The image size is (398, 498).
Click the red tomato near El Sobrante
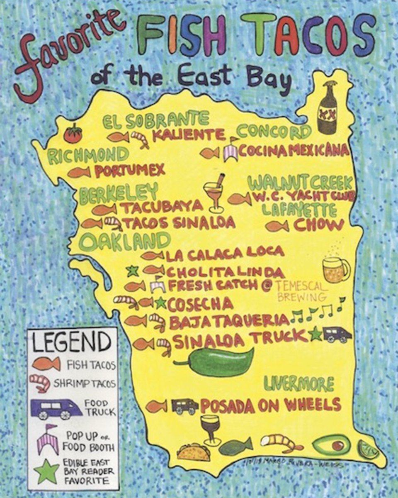[73, 134]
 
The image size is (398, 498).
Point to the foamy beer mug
[335, 270]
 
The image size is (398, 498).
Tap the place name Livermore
[299, 384]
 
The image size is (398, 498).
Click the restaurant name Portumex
[130, 170]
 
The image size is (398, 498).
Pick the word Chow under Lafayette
[319, 225]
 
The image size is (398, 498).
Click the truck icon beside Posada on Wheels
[185, 406]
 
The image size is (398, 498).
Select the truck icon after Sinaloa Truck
[337, 334]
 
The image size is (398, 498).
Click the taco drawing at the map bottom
[192, 452]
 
